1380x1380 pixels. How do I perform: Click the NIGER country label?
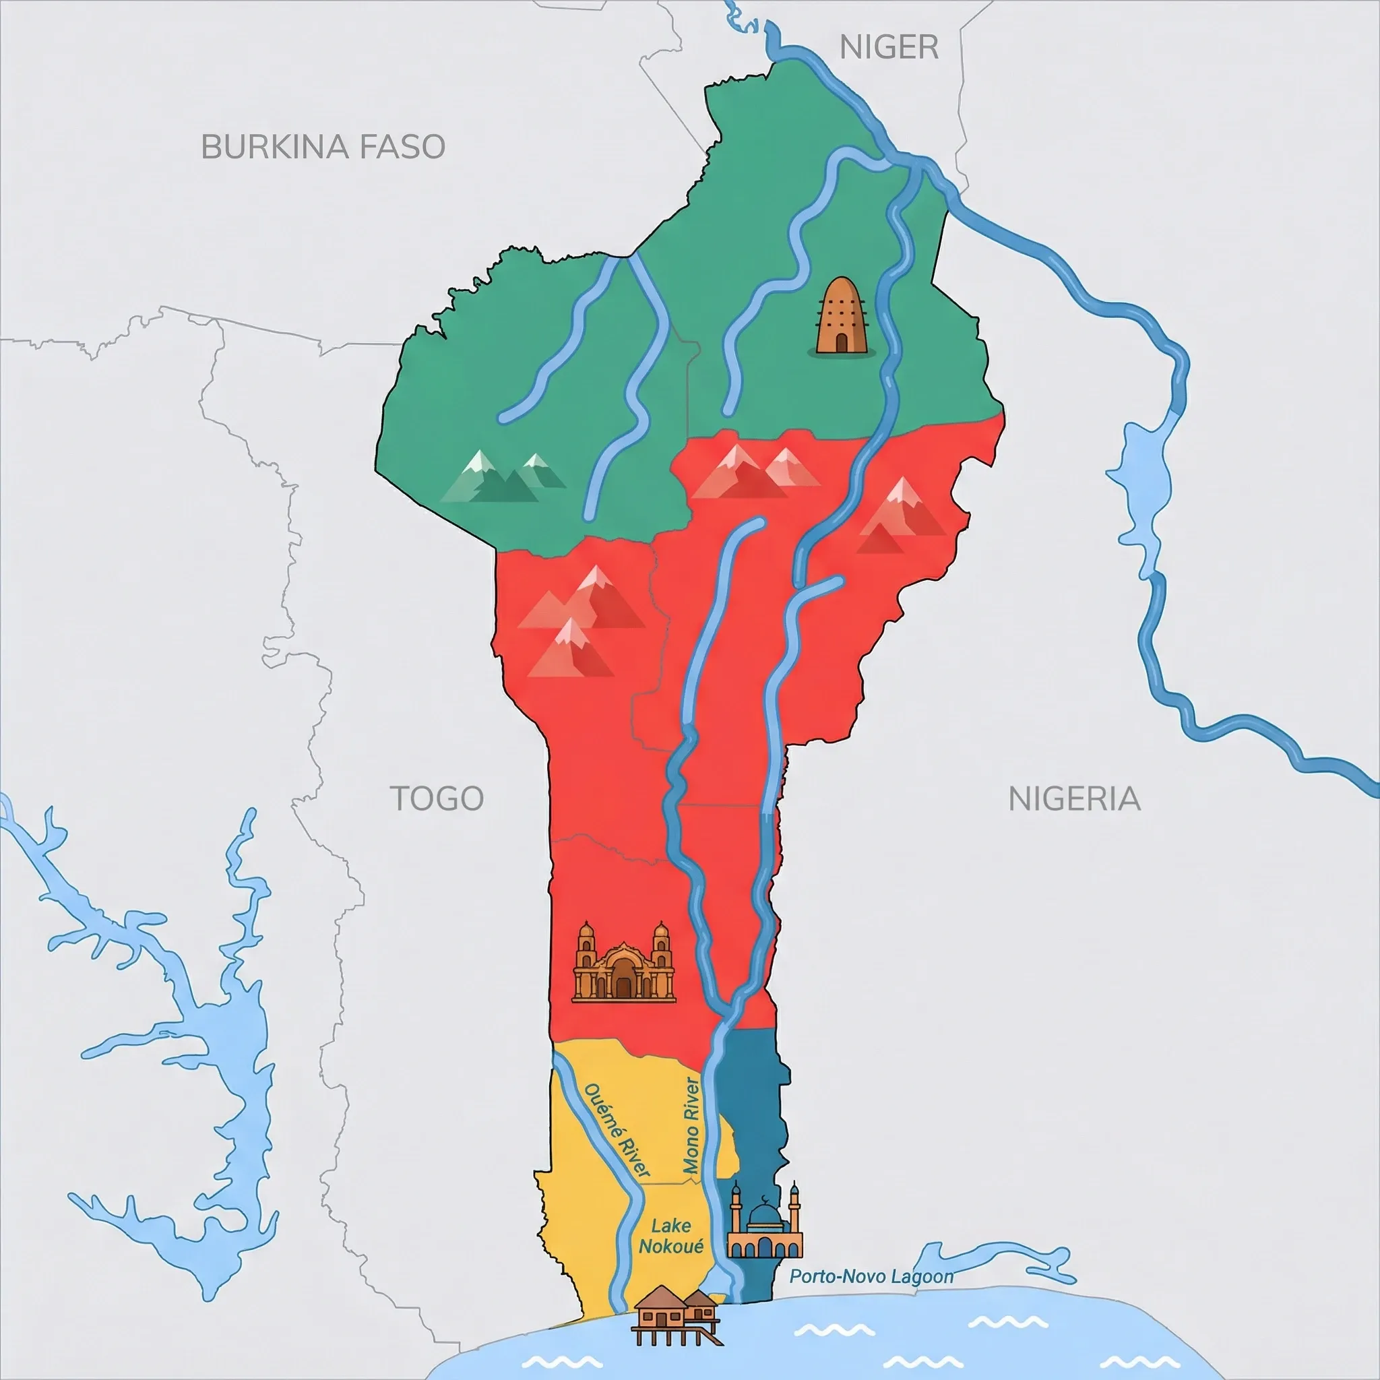click(889, 48)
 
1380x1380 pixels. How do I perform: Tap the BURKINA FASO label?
click(323, 147)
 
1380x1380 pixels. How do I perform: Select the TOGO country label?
click(437, 798)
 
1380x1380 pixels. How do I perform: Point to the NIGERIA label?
click(1073, 798)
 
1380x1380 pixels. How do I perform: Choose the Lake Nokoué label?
click(670, 1236)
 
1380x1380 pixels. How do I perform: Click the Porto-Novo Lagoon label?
click(871, 1276)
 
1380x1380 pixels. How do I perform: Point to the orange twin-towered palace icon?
click(623, 962)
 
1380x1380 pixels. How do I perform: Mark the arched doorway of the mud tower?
click(842, 344)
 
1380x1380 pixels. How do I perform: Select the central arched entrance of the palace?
click(623, 984)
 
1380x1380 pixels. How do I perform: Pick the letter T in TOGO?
click(400, 798)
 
